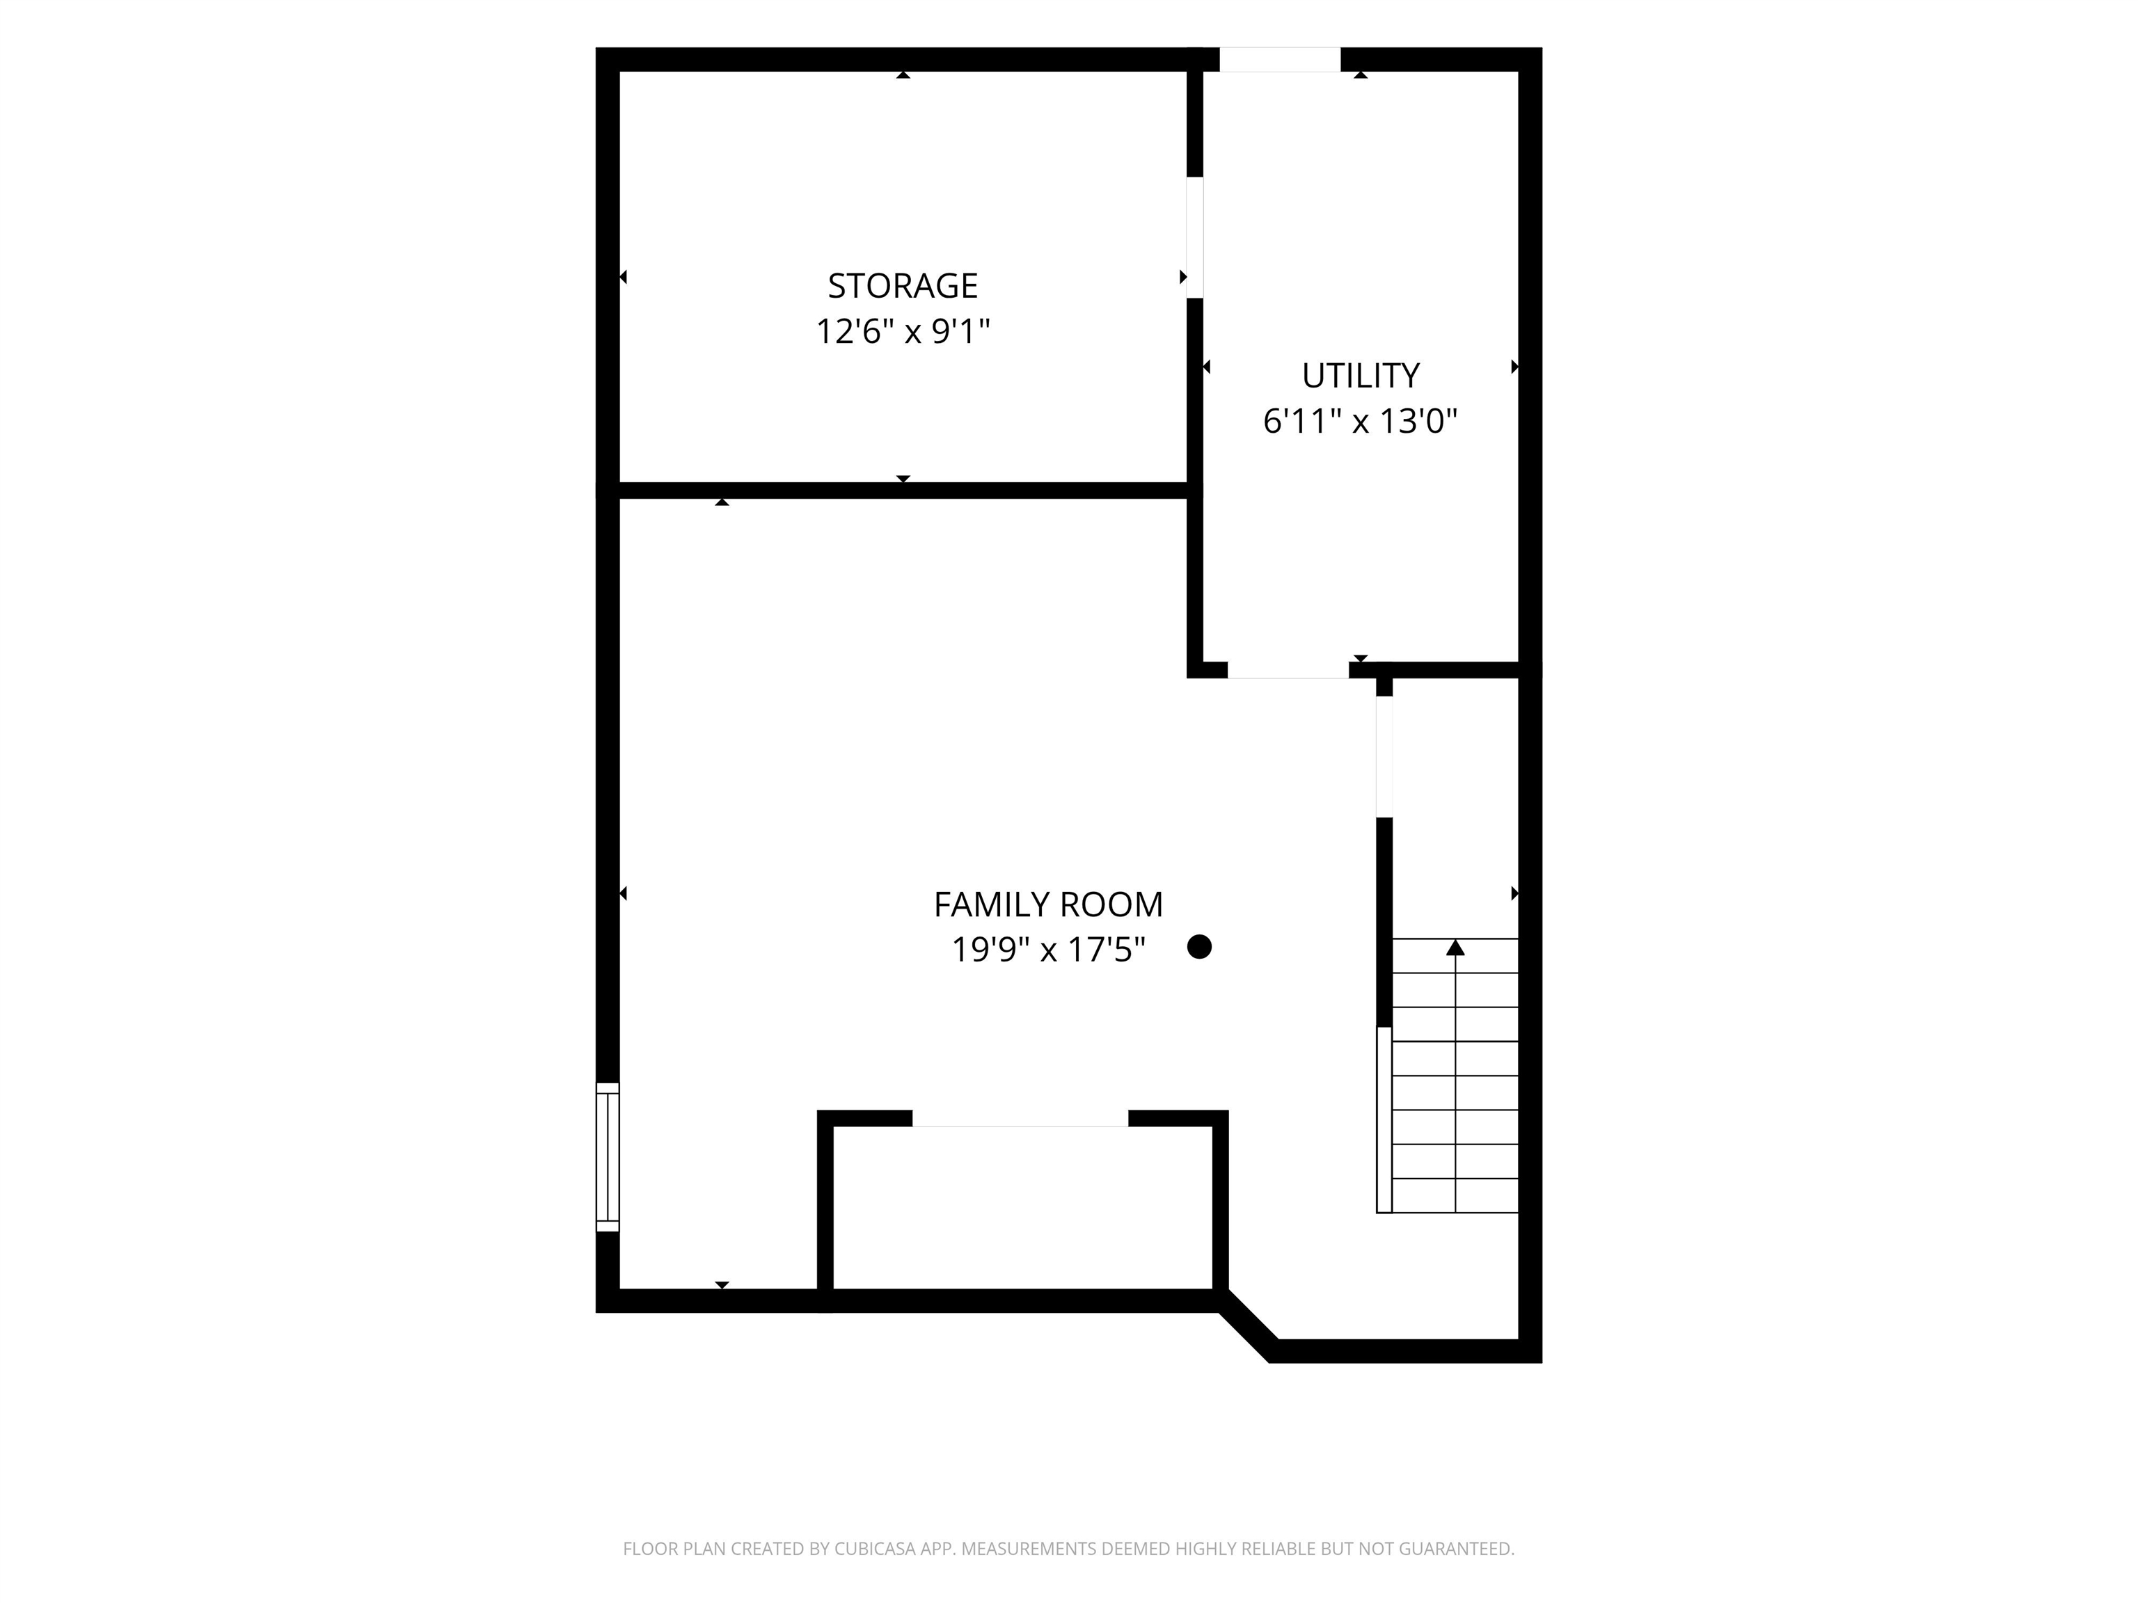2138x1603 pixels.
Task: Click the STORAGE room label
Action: [903, 286]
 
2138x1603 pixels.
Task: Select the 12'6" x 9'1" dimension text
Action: [903, 331]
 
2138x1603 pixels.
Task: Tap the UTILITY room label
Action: [1360, 375]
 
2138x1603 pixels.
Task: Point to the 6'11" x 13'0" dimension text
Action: [1360, 422]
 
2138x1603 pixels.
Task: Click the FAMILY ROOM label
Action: [1047, 904]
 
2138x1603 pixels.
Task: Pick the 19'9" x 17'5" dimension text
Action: [1047, 950]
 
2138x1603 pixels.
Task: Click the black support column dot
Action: [1198, 947]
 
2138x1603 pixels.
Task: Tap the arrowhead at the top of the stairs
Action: [1455, 947]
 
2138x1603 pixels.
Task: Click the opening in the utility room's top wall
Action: [1280, 59]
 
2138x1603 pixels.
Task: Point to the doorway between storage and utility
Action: [1195, 238]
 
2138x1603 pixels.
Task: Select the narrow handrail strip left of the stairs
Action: [1384, 1120]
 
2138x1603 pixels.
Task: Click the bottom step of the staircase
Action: [1455, 1196]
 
